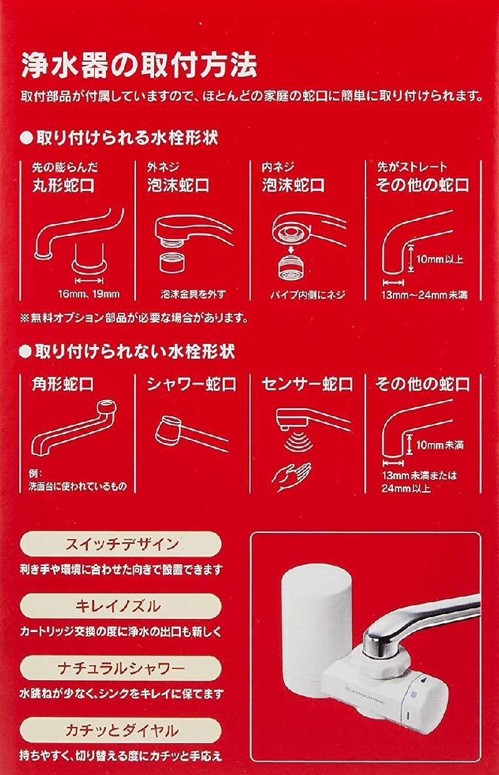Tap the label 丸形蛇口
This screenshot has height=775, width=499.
64,185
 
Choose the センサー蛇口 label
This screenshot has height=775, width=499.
307,383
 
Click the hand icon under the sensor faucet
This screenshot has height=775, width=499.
292,472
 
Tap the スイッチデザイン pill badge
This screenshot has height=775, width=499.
121,543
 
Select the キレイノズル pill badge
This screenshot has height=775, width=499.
121,606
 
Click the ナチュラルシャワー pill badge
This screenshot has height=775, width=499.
121,668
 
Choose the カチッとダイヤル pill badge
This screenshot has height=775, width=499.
121,731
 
